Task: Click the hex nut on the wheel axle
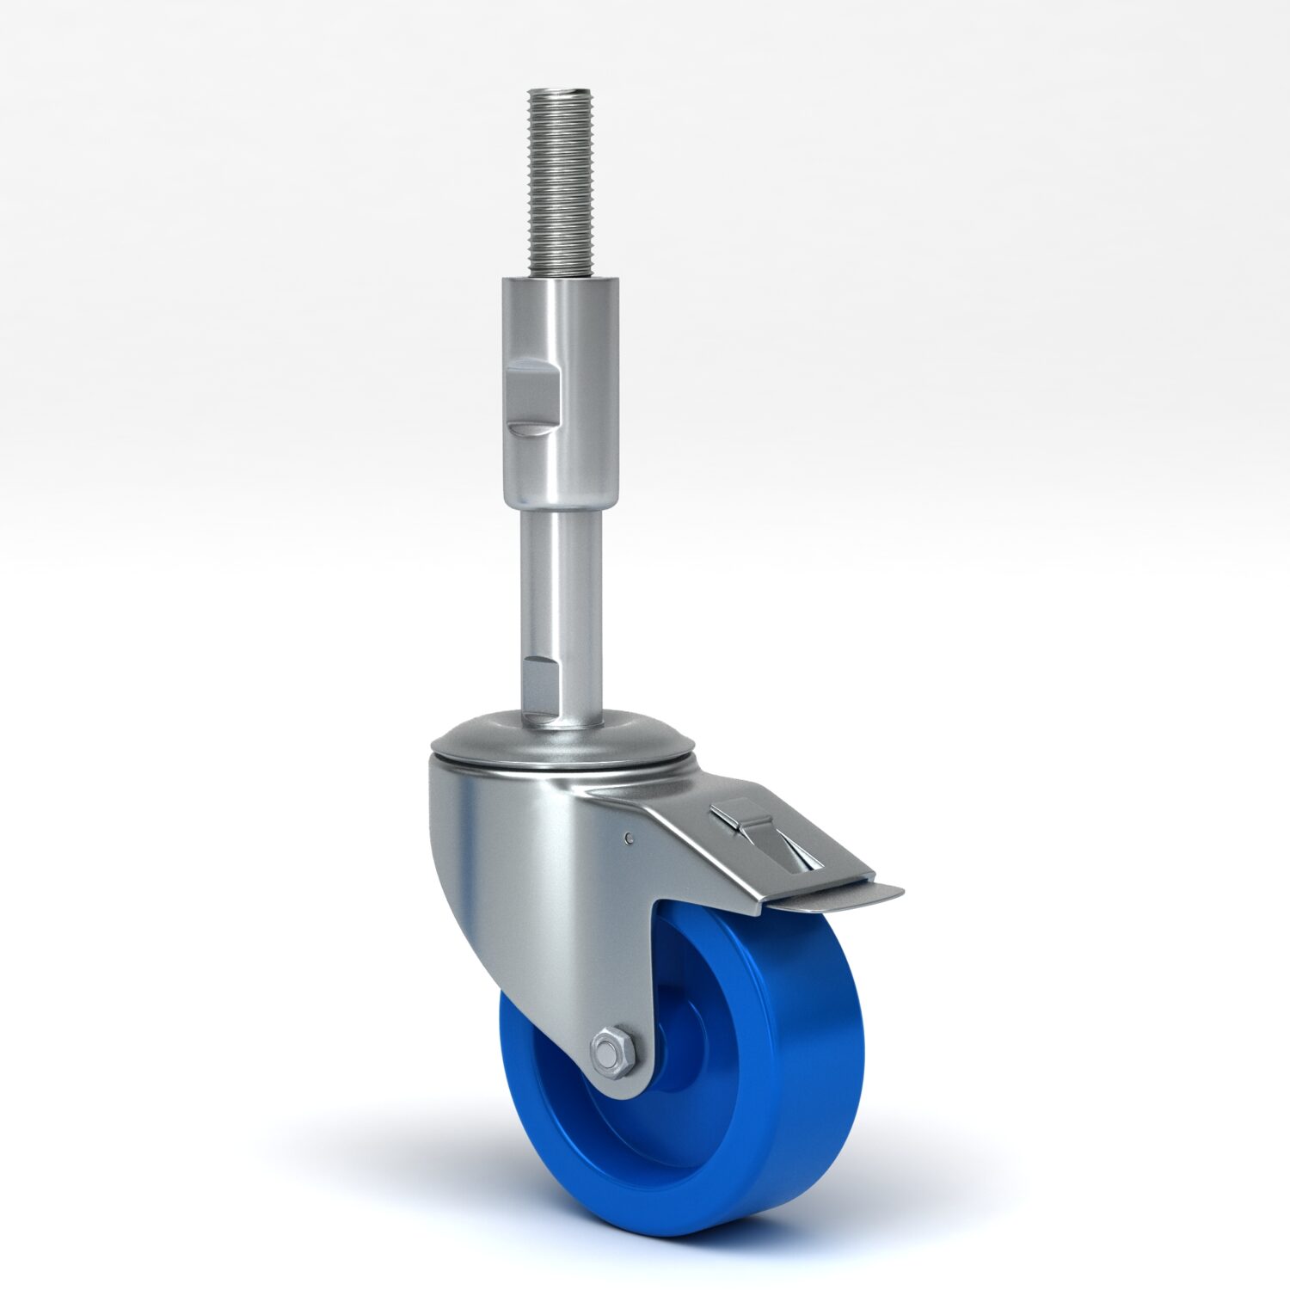point(611,1052)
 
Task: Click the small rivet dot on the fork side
point(630,838)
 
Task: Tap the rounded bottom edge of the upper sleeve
point(561,507)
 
